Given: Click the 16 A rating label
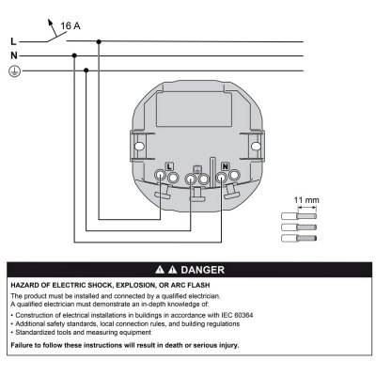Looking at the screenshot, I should (70, 26).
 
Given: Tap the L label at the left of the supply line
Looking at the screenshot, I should (12, 41).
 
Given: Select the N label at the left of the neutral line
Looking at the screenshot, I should (12, 55).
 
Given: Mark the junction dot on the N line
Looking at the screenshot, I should (74, 55).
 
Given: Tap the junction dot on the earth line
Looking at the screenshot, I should (86, 70).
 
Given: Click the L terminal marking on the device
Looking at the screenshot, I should (169, 166).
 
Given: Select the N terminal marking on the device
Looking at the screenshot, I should (226, 166).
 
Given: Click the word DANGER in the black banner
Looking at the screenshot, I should (199, 269).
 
